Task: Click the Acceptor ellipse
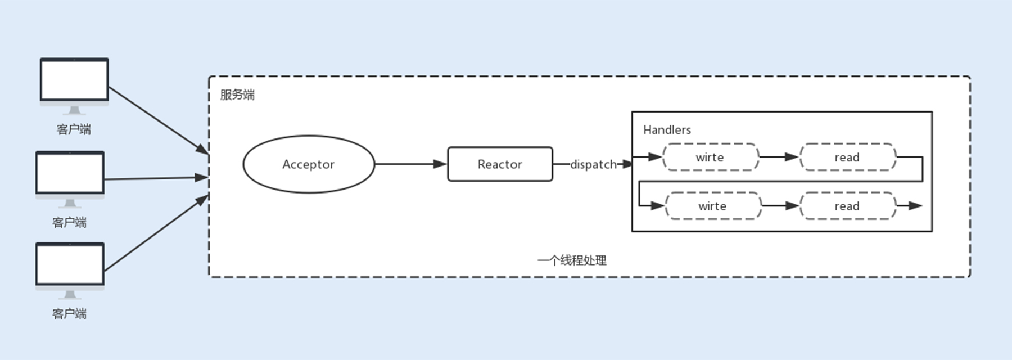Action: pyautogui.click(x=308, y=164)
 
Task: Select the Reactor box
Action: pyautogui.click(x=500, y=164)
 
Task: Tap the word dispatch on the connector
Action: pyautogui.click(x=593, y=164)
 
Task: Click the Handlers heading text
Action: pyautogui.click(x=667, y=130)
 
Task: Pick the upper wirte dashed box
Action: pyautogui.click(x=710, y=157)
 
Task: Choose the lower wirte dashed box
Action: pyautogui.click(x=712, y=206)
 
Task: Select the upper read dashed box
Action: pyautogui.click(x=847, y=157)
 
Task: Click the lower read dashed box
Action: pyautogui.click(x=847, y=206)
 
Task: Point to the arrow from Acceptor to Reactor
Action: pyautogui.click(x=410, y=164)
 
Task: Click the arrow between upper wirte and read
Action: pyautogui.click(x=779, y=157)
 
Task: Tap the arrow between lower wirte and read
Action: pyautogui.click(x=781, y=206)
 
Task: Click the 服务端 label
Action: pyautogui.click(x=237, y=94)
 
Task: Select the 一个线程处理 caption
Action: pyautogui.click(x=572, y=260)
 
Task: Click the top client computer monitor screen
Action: pyautogui.click(x=74, y=80)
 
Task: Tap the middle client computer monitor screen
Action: pyautogui.click(x=70, y=173)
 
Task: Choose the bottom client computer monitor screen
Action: pyautogui.click(x=70, y=264)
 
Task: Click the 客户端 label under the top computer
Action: pyautogui.click(x=74, y=129)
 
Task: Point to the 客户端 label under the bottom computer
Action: pyautogui.click(x=69, y=314)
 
